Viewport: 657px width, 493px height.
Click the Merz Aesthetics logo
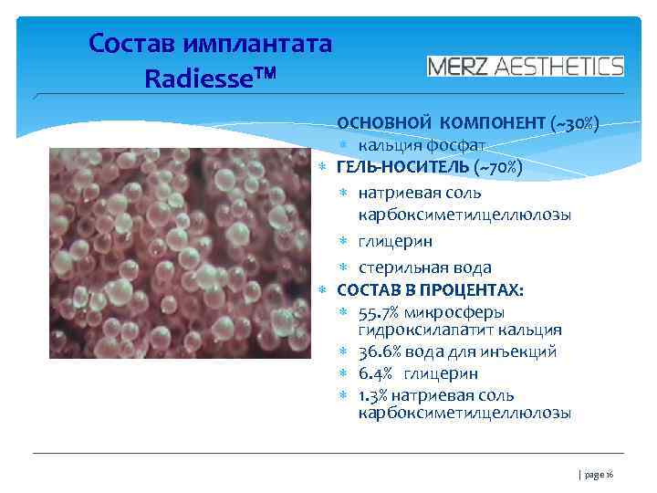526,66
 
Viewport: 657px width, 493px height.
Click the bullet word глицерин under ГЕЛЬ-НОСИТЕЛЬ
395,241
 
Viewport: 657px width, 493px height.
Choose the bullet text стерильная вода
424,267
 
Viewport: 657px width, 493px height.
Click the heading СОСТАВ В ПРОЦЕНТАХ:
431,290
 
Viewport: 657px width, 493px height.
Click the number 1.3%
375,395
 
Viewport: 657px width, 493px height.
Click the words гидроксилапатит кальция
460,330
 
